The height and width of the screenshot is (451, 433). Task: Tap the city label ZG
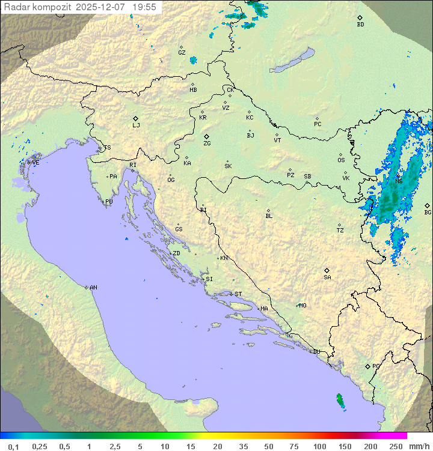point(207,144)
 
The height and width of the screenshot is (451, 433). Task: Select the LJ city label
point(136,126)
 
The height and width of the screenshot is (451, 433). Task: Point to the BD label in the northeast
point(360,25)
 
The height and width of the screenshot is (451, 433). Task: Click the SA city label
point(327,277)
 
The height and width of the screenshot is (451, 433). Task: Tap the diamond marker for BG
point(427,205)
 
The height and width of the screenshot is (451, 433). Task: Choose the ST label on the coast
point(238,294)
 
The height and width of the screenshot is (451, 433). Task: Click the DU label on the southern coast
point(316,352)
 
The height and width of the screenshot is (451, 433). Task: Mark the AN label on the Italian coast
point(93,288)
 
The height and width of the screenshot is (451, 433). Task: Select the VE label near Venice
point(35,163)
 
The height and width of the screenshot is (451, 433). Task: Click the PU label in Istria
point(109,202)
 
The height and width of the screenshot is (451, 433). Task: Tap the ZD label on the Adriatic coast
point(176,253)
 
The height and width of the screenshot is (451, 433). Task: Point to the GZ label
point(182,53)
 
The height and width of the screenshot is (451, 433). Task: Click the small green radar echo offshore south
point(340,401)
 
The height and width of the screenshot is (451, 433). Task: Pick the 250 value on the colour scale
point(395,446)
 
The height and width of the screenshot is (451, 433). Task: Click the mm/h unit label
point(419,446)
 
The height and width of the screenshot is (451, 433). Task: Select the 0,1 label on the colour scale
point(13,446)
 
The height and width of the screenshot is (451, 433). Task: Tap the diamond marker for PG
point(368,366)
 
